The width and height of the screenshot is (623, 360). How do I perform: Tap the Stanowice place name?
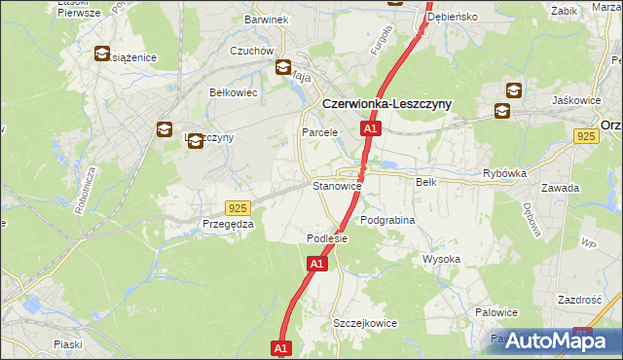click(x=337, y=185)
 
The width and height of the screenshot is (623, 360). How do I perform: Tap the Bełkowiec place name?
click(x=233, y=92)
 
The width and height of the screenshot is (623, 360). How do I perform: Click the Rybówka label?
click(x=504, y=173)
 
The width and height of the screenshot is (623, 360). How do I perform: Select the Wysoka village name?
click(x=441, y=259)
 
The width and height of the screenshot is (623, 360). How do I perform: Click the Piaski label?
click(x=68, y=344)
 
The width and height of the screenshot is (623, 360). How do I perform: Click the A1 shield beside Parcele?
click(x=369, y=128)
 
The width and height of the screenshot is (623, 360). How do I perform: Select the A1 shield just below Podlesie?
click(x=317, y=263)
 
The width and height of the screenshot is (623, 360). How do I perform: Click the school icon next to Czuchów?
click(x=283, y=68)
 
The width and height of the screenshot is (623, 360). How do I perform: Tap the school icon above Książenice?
click(x=102, y=54)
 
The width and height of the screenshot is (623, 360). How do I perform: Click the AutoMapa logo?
click(x=553, y=340)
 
